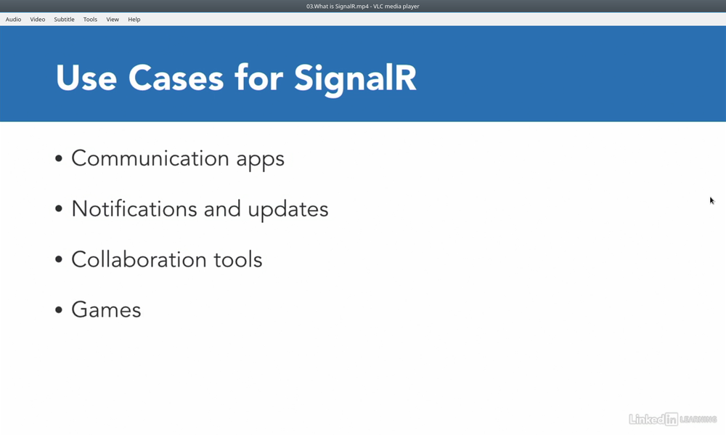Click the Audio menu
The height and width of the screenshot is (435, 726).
[13, 20]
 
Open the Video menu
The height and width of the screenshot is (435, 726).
[38, 20]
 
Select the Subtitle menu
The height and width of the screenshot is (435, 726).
[64, 20]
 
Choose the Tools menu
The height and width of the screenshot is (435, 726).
[90, 20]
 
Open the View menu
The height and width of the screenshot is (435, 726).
[113, 20]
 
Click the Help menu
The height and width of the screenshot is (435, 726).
[134, 20]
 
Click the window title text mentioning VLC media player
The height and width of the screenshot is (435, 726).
[362, 7]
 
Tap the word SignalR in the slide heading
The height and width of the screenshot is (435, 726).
[355, 79]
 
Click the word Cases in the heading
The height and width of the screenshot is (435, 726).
[176, 78]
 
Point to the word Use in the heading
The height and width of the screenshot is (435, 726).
[86, 78]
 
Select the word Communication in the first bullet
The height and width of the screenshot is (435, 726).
[150, 158]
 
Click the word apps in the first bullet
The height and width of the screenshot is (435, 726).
[260, 160]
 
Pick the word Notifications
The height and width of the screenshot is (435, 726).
[134, 208]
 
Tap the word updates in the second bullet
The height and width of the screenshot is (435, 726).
[288, 211]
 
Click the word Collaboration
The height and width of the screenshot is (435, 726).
[139, 259]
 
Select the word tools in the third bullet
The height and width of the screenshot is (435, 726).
[238, 259]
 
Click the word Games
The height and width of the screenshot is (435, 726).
[106, 309]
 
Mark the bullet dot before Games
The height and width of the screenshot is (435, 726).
[58, 310]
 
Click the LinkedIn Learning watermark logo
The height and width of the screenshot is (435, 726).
[673, 419]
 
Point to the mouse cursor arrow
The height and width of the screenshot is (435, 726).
[712, 200]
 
